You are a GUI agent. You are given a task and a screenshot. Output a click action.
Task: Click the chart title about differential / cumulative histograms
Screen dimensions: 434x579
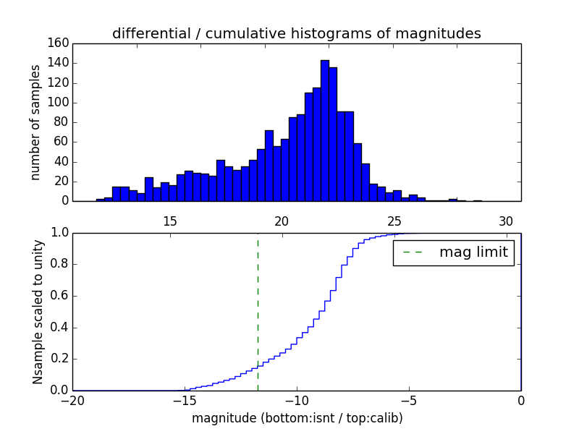tap(296, 33)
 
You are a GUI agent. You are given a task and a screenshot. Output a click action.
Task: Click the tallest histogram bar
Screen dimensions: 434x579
tap(325, 130)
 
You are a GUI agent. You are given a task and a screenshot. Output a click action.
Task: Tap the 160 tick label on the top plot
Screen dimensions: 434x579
tap(60, 43)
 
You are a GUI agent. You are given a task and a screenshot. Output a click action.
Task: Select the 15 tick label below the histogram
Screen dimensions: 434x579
tap(170, 221)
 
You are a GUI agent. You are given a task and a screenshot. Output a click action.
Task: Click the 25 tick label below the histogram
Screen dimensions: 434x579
tap(394, 221)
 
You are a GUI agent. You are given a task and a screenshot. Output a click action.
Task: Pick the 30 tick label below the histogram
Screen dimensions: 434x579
tap(506, 221)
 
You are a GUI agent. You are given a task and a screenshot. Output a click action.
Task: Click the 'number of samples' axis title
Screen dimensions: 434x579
tap(35, 122)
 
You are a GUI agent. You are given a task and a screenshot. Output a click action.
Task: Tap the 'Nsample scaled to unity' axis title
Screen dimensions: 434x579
tap(38, 311)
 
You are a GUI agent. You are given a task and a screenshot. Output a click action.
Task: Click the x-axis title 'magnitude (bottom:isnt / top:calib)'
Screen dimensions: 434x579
tap(297, 418)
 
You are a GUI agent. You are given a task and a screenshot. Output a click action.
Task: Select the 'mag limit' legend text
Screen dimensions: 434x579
tap(473, 253)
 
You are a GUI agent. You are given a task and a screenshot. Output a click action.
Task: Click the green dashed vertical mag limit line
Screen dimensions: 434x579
tap(258, 311)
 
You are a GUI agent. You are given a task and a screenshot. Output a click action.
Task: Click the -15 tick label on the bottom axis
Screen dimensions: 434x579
tap(185, 401)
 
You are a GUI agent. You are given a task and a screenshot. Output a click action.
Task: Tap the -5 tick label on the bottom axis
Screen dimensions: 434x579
tap(409, 401)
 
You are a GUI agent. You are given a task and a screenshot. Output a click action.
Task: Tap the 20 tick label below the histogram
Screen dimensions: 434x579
tap(282, 221)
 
